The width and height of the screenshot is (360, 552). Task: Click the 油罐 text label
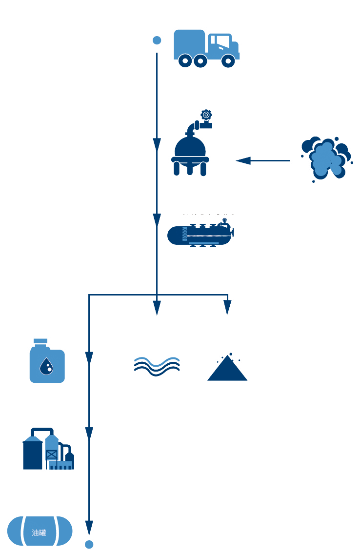click(39, 532)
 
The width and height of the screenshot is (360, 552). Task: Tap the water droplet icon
click(46, 366)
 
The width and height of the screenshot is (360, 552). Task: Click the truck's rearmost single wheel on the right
click(228, 61)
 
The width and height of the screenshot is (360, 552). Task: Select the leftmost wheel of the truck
click(185, 61)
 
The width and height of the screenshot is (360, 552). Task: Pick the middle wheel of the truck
click(200, 61)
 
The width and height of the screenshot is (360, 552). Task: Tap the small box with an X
click(52, 454)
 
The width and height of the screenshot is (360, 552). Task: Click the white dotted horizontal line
click(203, 236)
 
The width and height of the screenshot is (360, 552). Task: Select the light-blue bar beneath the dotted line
click(204, 243)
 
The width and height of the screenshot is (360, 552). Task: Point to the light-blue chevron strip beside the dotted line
click(184, 234)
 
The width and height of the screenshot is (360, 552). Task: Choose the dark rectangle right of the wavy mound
click(223, 367)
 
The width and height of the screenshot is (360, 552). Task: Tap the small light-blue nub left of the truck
click(158, 40)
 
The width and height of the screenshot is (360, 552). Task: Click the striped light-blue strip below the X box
click(60, 466)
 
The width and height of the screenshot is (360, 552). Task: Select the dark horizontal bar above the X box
click(49, 430)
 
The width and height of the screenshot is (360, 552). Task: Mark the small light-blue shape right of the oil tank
click(85, 545)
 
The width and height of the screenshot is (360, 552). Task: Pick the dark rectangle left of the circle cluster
click(263, 158)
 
